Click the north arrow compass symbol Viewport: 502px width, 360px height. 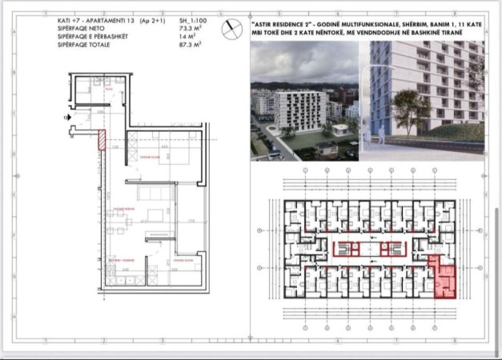232,26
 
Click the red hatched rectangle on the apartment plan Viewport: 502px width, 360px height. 102,139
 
